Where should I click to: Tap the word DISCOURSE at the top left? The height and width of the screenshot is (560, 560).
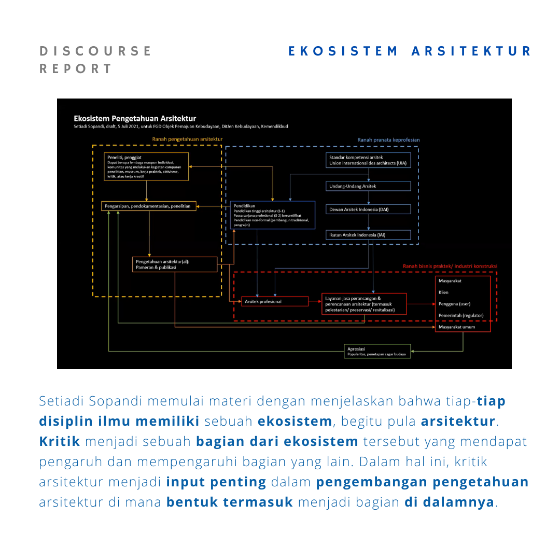click(x=96, y=51)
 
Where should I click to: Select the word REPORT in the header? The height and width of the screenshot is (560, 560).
click(x=76, y=69)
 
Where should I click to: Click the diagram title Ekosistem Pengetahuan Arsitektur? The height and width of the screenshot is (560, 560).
click(x=135, y=119)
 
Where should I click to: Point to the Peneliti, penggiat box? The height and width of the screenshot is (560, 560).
click(x=146, y=166)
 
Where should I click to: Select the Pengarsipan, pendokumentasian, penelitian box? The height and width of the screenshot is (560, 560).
click(x=149, y=206)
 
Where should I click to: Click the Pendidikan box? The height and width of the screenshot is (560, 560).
click(x=272, y=215)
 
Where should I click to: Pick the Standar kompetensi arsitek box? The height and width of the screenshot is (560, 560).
click(x=369, y=160)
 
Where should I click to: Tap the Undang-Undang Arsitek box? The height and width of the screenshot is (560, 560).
click(x=369, y=186)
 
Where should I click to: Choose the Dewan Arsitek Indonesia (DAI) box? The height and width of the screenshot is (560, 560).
click(x=369, y=209)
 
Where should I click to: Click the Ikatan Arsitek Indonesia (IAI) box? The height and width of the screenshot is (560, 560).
click(x=369, y=235)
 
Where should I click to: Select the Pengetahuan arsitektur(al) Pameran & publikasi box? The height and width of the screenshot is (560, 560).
click(x=175, y=264)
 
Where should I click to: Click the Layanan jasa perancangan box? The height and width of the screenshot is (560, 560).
click(x=364, y=304)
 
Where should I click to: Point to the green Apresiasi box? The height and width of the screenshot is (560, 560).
click(x=377, y=352)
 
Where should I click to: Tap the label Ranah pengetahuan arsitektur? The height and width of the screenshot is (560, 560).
click(x=187, y=139)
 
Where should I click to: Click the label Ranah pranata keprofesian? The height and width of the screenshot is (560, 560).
click(x=388, y=140)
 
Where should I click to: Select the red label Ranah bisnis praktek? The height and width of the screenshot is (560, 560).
click(x=450, y=266)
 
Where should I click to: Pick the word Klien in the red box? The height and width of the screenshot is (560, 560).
click(x=443, y=292)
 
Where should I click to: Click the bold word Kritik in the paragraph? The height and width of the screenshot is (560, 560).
click(x=60, y=442)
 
